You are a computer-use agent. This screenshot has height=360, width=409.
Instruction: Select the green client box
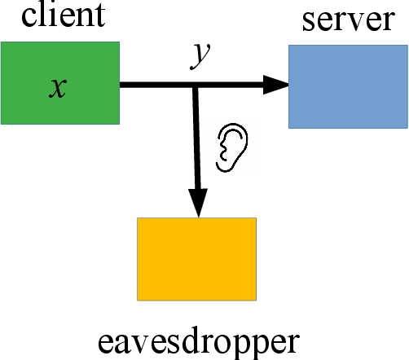pyautogui.click(x=60, y=83)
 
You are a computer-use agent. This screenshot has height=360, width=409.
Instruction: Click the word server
pyautogui.click(x=348, y=20)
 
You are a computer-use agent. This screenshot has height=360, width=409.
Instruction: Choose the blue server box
pyautogui.click(x=348, y=86)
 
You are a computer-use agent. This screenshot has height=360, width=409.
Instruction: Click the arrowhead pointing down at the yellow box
pyautogui.click(x=196, y=205)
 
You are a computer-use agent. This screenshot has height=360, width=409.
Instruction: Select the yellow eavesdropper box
pyautogui.click(x=196, y=258)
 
